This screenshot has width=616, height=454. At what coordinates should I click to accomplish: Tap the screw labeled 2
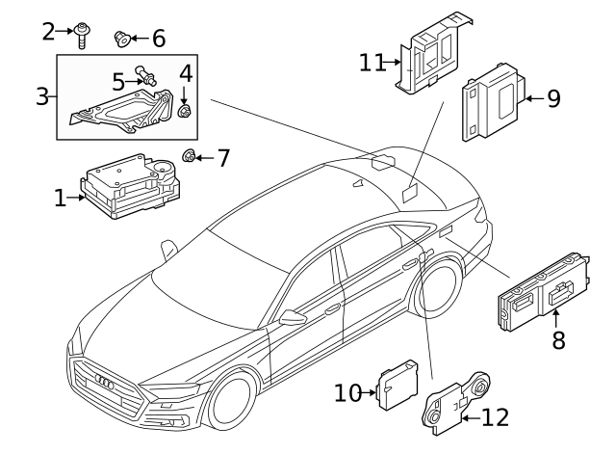(x=83, y=33)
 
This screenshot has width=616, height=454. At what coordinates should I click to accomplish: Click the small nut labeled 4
(x=186, y=112)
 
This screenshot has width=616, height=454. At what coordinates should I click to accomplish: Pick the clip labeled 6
(x=122, y=39)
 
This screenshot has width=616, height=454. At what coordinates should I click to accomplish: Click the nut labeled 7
(x=191, y=157)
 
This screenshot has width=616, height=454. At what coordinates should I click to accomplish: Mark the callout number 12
(x=495, y=417)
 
